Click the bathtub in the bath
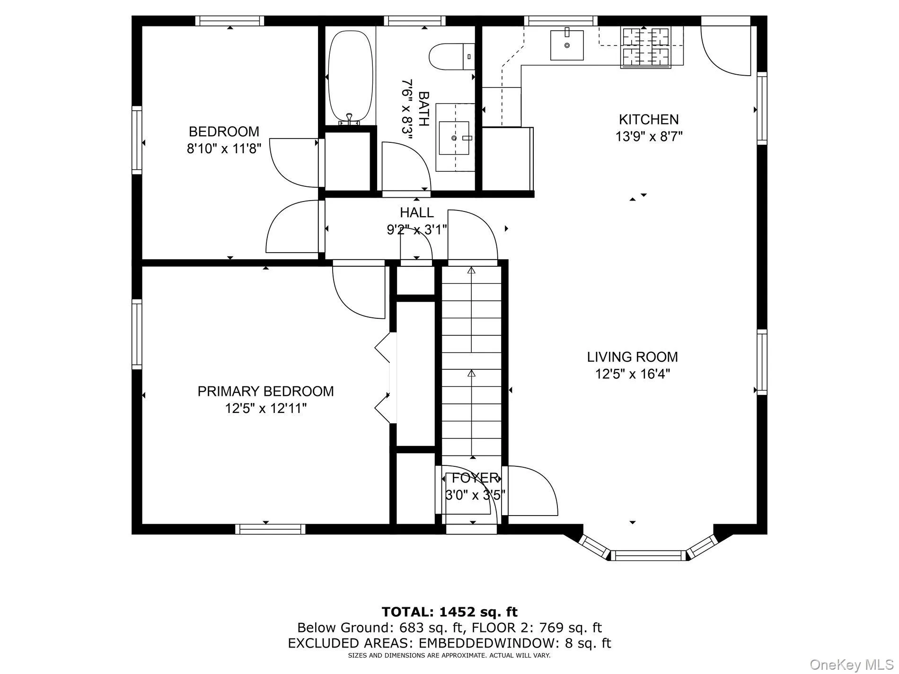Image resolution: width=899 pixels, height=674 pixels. pos(350,76)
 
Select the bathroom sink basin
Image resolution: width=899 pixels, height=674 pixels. pos(454,138)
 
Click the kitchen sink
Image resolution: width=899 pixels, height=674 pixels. pos(567,45)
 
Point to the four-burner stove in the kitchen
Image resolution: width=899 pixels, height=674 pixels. pos(646,46)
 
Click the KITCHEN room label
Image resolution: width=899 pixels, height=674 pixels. pos(649,119)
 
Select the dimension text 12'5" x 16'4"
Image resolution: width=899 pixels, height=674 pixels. pos(632,374)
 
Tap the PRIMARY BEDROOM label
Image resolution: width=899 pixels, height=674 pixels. pos(265,391)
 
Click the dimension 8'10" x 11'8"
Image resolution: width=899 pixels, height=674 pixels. pos(224,149)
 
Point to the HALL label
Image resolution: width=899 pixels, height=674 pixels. pos(416,212)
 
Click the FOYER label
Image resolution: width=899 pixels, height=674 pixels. pos(475,478)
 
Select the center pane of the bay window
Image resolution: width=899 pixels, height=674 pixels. pos(648,555)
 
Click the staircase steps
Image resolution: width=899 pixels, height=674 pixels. pos(471,359)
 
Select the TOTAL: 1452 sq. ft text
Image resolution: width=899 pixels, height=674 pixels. pos(449,612)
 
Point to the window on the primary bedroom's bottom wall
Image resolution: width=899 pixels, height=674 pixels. pos(270,529)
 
